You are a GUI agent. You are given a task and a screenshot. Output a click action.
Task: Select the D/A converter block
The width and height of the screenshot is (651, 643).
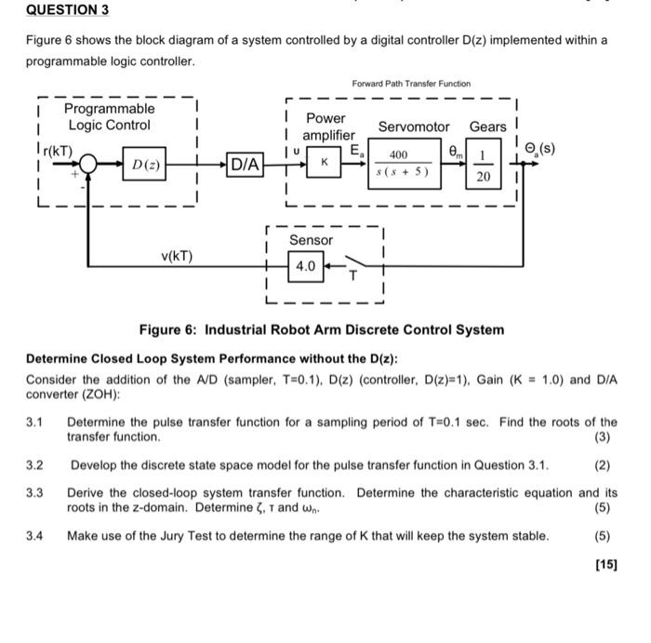tap(246, 165)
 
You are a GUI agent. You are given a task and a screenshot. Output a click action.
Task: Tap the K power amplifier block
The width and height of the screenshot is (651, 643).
tap(324, 163)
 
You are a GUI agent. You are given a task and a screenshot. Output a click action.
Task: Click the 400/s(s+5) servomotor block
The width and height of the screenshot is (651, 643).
tap(398, 163)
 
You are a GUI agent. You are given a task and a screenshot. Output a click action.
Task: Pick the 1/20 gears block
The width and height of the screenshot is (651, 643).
tap(484, 165)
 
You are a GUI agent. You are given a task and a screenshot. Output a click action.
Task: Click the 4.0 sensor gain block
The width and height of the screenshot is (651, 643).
tap(306, 267)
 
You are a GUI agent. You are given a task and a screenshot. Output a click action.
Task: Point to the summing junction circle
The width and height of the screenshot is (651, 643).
tap(89, 165)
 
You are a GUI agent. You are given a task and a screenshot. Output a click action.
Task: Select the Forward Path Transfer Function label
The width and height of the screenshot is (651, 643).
tap(411, 84)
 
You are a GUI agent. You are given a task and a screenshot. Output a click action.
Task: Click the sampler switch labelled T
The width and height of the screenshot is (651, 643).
tap(352, 264)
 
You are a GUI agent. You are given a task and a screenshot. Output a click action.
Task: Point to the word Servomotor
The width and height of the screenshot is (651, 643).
tap(413, 126)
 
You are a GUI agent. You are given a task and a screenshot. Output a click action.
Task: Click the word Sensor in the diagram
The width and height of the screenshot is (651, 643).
tap(311, 240)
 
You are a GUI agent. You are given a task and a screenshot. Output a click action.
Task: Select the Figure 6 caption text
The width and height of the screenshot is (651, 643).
tap(321, 329)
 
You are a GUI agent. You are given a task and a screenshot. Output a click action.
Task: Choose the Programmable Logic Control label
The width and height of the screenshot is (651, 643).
tap(109, 117)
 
